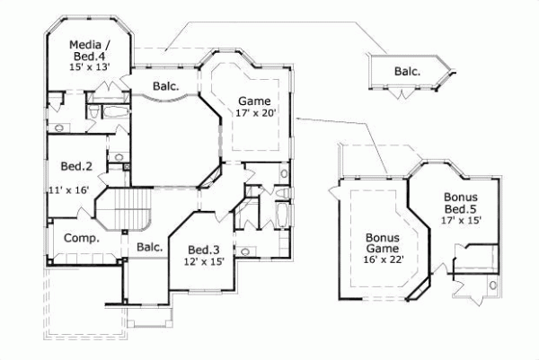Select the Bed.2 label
click(72, 166)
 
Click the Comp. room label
click(80, 239)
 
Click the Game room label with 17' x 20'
click(253, 101)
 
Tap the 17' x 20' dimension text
click(253, 114)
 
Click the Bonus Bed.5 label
click(461, 203)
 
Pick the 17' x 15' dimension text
click(461, 218)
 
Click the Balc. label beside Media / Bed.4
click(164, 87)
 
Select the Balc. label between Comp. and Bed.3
click(149, 247)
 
